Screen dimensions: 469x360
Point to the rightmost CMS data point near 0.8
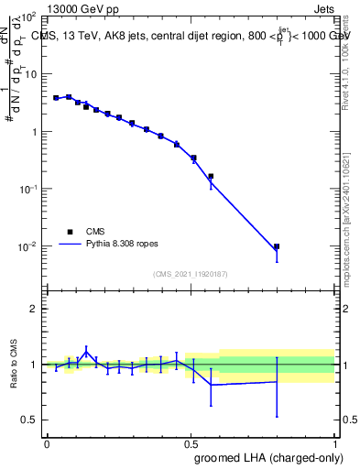(x=277, y=246)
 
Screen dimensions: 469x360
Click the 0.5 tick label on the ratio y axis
(x=27, y=420)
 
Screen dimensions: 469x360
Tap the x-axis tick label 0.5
(x=191, y=444)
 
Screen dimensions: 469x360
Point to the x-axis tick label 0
(x=47, y=444)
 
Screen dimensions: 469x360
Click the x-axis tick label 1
(x=334, y=444)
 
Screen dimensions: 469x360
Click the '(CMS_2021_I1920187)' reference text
(x=191, y=274)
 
